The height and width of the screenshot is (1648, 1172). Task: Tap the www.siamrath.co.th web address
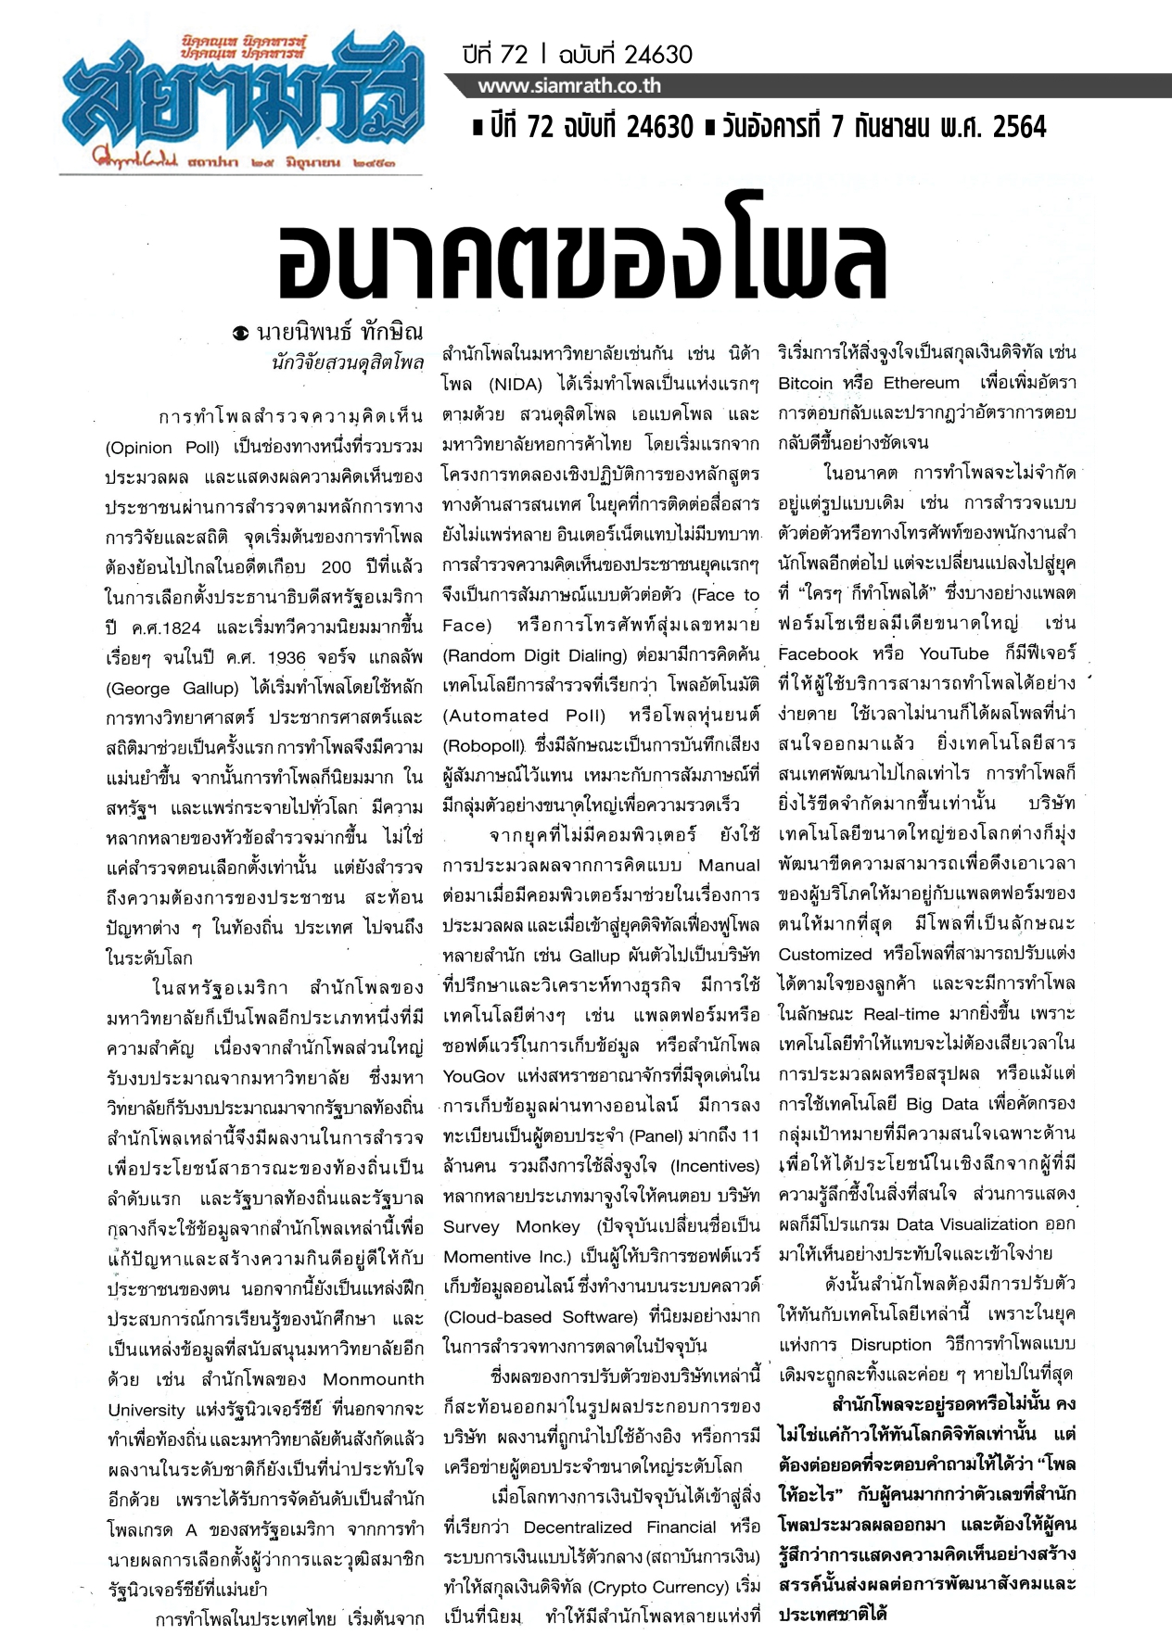click(x=569, y=86)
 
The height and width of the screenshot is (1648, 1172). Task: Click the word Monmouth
click(x=374, y=1379)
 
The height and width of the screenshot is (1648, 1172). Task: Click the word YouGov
click(x=474, y=1075)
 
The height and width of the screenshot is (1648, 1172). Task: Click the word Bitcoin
click(x=805, y=383)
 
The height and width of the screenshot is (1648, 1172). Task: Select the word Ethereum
click(x=921, y=383)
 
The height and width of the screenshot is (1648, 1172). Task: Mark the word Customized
click(x=825, y=954)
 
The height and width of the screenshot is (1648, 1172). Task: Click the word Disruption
click(x=891, y=1344)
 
